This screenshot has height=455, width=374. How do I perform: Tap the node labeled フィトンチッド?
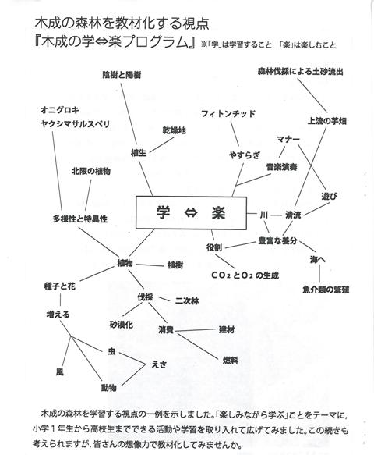(x=228, y=113)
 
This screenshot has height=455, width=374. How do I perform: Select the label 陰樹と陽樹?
(x=122, y=75)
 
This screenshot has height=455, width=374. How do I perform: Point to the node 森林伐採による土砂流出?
(x=301, y=71)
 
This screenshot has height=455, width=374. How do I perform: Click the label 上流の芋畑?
(x=326, y=121)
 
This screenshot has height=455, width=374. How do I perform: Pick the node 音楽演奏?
(x=281, y=167)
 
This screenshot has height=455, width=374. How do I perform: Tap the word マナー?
(x=288, y=139)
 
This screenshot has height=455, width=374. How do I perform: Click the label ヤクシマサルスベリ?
(x=76, y=124)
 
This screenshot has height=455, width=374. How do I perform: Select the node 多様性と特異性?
(x=80, y=219)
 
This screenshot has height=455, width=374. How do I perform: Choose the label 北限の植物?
(x=91, y=171)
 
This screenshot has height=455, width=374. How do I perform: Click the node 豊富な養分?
(x=278, y=241)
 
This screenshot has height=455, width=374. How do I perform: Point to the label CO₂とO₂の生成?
(x=245, y=275)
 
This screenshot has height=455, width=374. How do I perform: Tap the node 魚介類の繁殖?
(x=326, y=290)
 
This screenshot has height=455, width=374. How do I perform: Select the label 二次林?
(x=187, y=301)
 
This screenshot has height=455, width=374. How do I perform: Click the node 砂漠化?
(x=122, y=325)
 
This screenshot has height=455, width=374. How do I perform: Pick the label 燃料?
(x=231, y=361)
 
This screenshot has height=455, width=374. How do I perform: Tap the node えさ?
(x=159, y=364)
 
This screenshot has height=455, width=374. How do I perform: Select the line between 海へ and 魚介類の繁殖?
(x=319, y=273)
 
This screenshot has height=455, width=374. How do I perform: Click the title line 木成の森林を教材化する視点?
(x=122, y=23)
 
